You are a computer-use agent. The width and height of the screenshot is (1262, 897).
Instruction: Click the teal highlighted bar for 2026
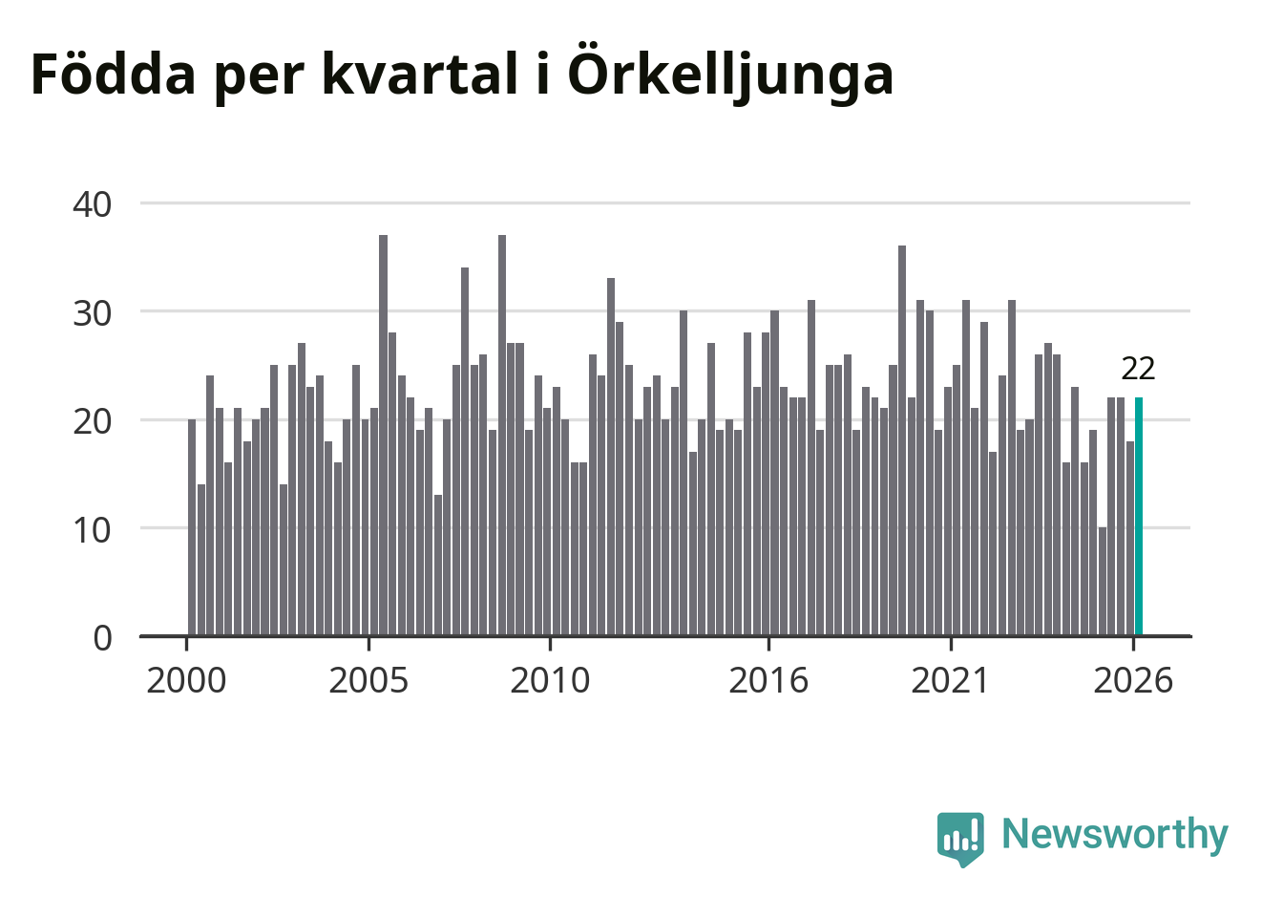(1139, 517)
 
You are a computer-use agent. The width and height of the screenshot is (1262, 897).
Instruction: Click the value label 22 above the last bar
(1138, 370)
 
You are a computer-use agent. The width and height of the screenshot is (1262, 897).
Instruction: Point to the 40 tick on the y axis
(93, 204)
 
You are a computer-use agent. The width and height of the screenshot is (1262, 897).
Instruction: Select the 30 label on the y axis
(93, 313)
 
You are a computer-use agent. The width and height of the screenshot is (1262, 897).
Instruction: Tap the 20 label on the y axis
(93, 421)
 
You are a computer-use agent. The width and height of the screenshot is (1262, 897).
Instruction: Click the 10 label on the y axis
(93, 530)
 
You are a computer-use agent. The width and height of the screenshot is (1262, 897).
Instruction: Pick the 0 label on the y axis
(102, 639)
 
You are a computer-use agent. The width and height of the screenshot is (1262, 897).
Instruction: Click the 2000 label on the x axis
(186, 680)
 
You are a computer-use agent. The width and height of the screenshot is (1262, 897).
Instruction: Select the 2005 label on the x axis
(368, 680)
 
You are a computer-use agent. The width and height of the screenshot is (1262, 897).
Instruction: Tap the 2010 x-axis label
(550, 680)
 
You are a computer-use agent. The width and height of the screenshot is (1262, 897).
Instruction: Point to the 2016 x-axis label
(768, 680)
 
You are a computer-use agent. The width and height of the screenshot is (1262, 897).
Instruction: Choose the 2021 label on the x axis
(951, 680)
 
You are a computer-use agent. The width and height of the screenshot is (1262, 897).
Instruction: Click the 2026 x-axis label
(1133, 680)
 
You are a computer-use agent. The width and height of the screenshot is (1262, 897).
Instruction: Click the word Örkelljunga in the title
(730, 75)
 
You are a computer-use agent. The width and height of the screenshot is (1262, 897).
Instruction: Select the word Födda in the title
(114, 73)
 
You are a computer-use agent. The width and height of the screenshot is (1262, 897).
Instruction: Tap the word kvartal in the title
(420, 74)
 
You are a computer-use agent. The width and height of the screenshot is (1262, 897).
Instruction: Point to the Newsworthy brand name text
(1115, 834)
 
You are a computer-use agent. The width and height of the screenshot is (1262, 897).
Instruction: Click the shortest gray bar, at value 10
(1103, 582)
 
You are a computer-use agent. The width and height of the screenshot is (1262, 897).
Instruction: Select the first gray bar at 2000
(192, 527)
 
